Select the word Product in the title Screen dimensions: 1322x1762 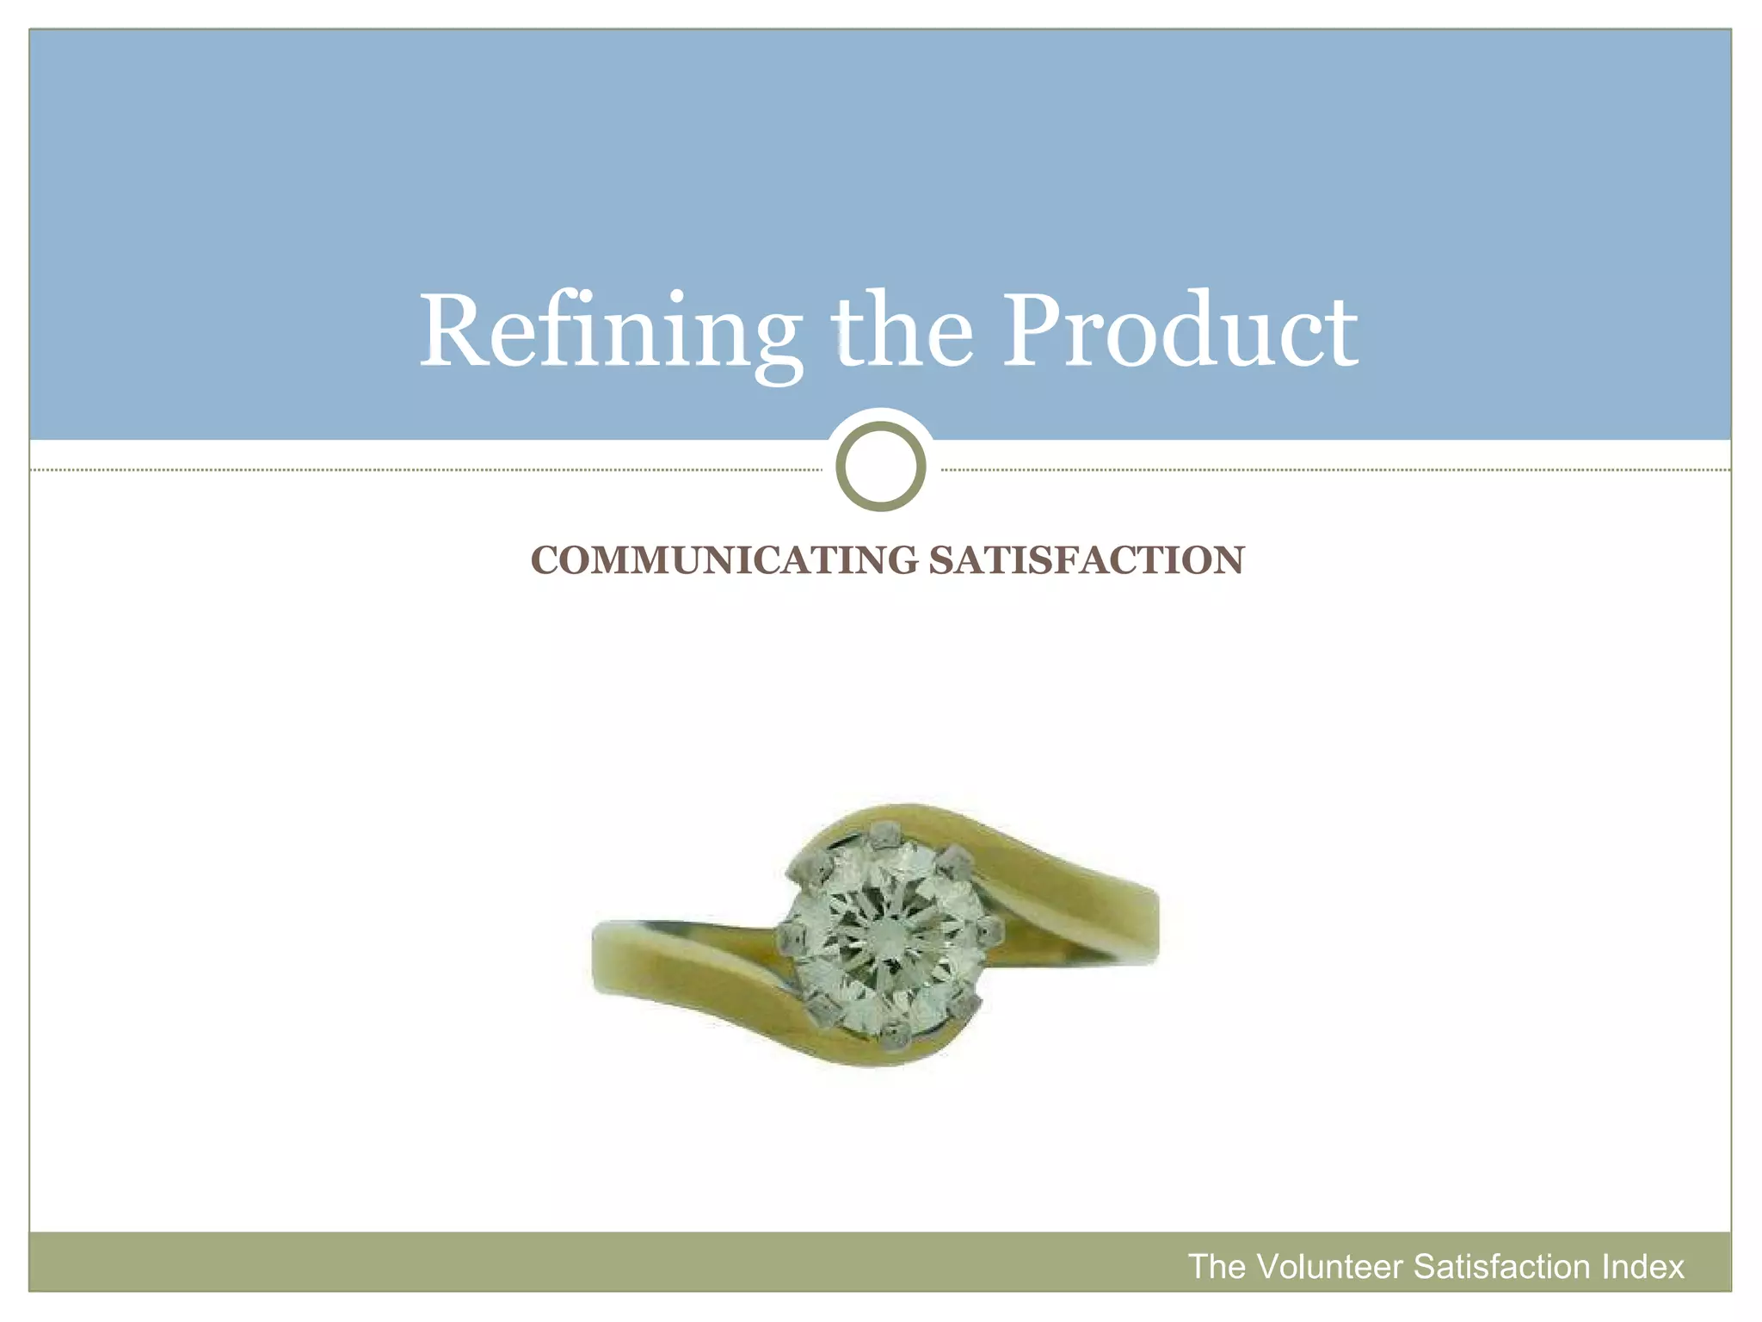(x=1180, y=330)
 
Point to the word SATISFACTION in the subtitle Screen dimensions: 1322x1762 (x=1086, y=560)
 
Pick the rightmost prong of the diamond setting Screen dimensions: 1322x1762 (x=990, y=930)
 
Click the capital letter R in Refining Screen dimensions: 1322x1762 (x=453, y=331)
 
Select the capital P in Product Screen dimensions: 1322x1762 (x=1038, y=330)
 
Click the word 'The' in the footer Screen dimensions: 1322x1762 (x=1217, y=1267)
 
